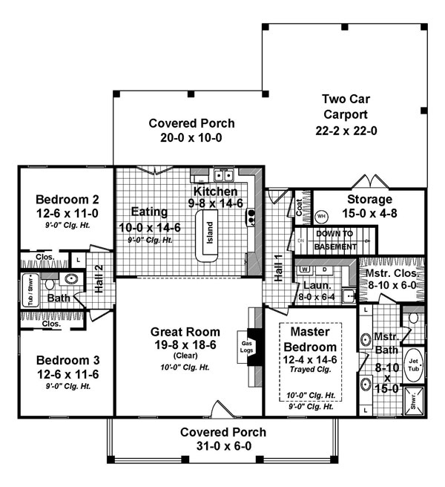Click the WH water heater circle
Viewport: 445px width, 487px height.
click(321, 217)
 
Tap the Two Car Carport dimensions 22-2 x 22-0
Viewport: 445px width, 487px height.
click(344, 130)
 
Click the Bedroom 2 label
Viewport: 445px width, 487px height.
click(67, 199)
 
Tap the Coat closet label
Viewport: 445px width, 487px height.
click(300, 208)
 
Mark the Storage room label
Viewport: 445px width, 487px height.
click(369, 200)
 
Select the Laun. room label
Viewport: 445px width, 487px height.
click(311, 284)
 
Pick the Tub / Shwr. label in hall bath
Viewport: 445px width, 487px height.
click(31, 290)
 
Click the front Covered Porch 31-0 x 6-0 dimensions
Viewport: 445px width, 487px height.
click(222, 446)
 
